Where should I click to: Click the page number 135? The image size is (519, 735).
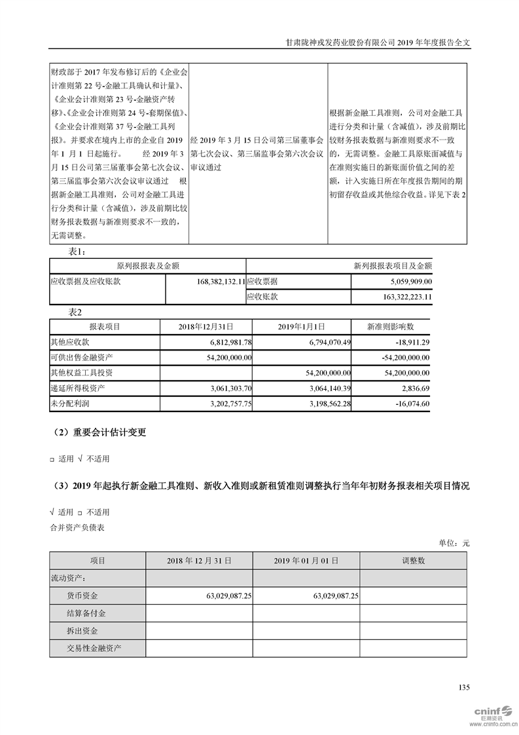click(x=464, y=687)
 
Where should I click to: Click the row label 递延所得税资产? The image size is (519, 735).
click(x=77, y=388)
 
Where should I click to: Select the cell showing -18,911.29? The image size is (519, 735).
click(x=411, y=342)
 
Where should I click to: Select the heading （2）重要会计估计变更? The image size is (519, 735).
click(x=100, y=432)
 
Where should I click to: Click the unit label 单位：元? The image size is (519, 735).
click(x=454, y=543)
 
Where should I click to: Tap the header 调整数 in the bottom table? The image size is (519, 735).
click(x=413, y=561)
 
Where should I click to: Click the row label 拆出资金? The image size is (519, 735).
click(x=82, y=631)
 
